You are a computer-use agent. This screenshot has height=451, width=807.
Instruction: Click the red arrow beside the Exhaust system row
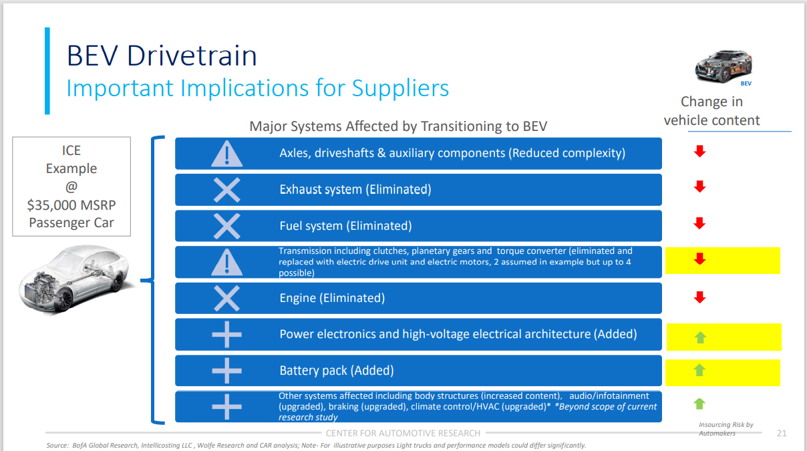699,186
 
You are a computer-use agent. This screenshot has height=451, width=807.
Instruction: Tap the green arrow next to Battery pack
699,370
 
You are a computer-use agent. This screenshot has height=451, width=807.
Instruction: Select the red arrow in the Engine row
699,297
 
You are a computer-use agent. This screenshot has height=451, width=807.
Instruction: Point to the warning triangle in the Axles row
226,154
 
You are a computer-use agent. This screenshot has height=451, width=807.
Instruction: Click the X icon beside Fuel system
226,226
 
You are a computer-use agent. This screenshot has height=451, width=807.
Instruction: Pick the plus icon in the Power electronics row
226,334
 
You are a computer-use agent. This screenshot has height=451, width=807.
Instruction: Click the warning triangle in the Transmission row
226,262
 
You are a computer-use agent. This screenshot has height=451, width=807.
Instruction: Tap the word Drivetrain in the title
192,56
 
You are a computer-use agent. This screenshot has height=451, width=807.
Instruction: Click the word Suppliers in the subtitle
400,89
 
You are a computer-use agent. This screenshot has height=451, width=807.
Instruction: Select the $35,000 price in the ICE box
52,205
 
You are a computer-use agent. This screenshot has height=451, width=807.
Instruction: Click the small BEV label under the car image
746,84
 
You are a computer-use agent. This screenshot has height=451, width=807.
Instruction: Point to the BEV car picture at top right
723,66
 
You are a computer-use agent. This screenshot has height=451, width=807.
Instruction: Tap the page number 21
782,433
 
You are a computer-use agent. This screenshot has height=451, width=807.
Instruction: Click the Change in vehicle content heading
712,111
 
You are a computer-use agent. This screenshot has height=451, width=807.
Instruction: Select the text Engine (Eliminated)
332,298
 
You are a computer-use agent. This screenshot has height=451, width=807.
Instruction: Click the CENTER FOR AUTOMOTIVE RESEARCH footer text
403,433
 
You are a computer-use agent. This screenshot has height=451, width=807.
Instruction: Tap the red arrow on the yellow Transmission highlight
699,259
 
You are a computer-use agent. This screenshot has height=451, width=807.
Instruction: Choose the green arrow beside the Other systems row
699,404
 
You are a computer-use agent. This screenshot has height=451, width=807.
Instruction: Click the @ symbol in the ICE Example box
71,187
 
